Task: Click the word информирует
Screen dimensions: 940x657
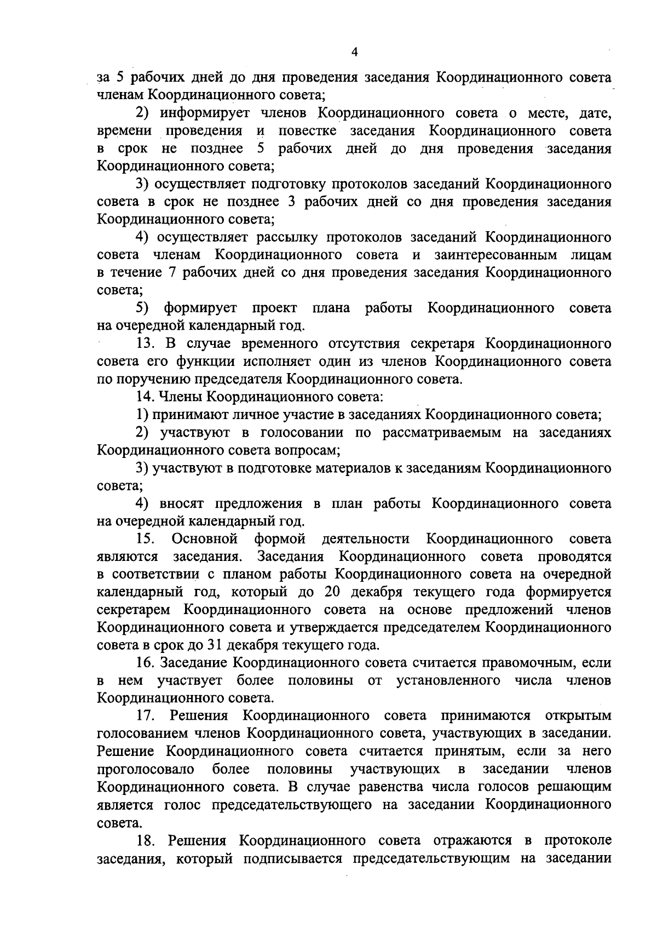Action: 205,113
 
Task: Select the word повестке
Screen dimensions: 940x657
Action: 307,131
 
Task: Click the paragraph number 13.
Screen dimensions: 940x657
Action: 145,343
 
